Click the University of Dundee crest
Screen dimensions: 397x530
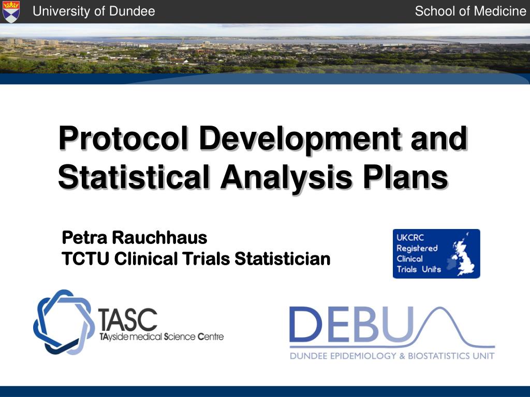pos(11,11)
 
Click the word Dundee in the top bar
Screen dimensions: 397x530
pos(135,11)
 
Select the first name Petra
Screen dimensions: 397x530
pos(84,238)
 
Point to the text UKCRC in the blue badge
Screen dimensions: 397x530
pos(409,238)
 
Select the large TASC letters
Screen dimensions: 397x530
pos(128,320)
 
